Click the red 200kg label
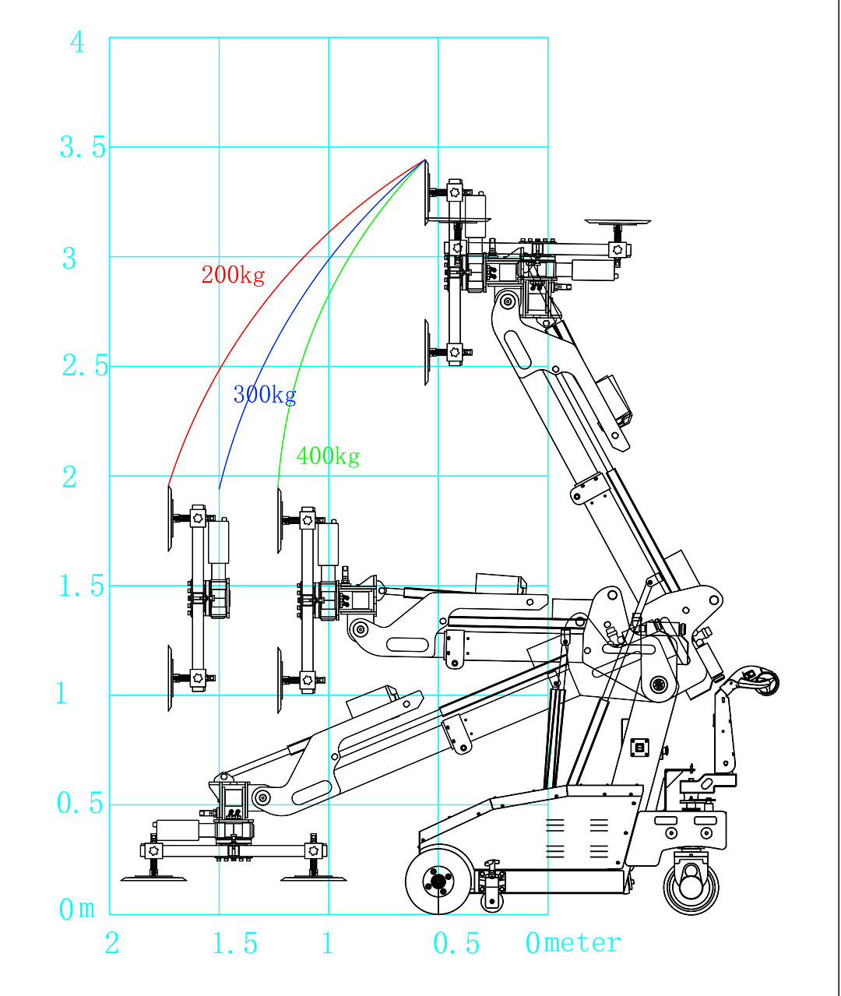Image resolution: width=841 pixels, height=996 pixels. [x=233, y=275]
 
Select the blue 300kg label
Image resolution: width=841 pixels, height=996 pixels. [x=265, y=395]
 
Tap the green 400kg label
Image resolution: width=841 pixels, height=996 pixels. [x=328, y=456]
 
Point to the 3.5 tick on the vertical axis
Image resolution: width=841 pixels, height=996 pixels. [x=83, y=147]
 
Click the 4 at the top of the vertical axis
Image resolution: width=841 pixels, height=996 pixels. [x=77, y=42]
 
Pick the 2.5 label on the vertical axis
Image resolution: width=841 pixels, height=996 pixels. [x=85, y=366]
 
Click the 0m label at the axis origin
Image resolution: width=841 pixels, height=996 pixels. [x=77, y=909]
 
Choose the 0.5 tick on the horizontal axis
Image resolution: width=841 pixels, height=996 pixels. [x=456, y=944]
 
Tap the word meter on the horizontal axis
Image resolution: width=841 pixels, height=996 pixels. [x=582, y=943]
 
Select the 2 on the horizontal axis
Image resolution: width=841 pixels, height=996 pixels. [x=112, y=944]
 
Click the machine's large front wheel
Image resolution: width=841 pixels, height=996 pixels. [x=438, y=881]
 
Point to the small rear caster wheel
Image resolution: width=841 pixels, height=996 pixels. [x=691, y=885]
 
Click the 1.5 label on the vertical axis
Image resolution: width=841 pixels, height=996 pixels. [x=82, y=586]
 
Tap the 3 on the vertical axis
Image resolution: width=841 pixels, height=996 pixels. [x=69, y=259]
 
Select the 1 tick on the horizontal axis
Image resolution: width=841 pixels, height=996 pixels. [x=328, y=944]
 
